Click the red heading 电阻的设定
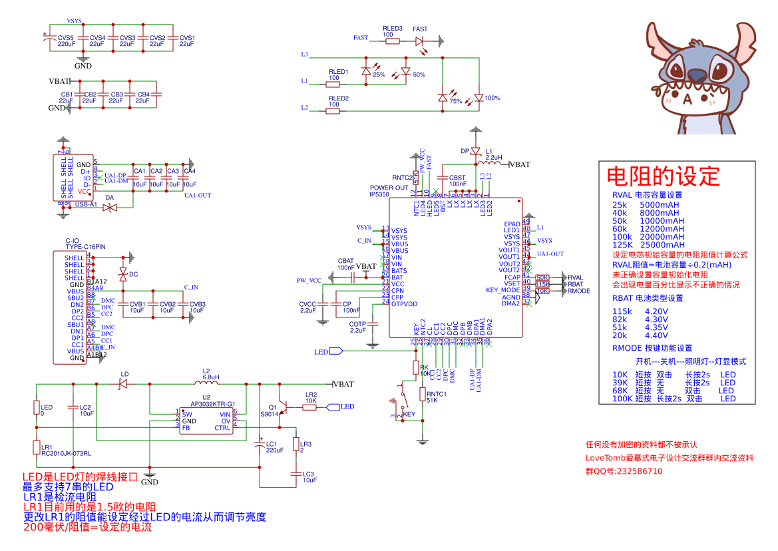(x=663, y=176)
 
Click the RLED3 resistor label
(x=393, y=29)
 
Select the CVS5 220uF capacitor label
(x=66, y=41)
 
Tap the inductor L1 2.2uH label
(x=493, y=154)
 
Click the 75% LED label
(x=456, y=102)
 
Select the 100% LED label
(x=492, y=98)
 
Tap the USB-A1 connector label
(x=86, y=204)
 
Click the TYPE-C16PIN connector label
(x=85, y=246)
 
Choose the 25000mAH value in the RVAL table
(x=662, y=244)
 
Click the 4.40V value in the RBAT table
(x=656, y=335)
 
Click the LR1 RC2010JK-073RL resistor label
(x=65, y=450)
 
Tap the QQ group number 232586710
(x=633, y=470)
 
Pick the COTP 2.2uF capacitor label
(x=357, y=327)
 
